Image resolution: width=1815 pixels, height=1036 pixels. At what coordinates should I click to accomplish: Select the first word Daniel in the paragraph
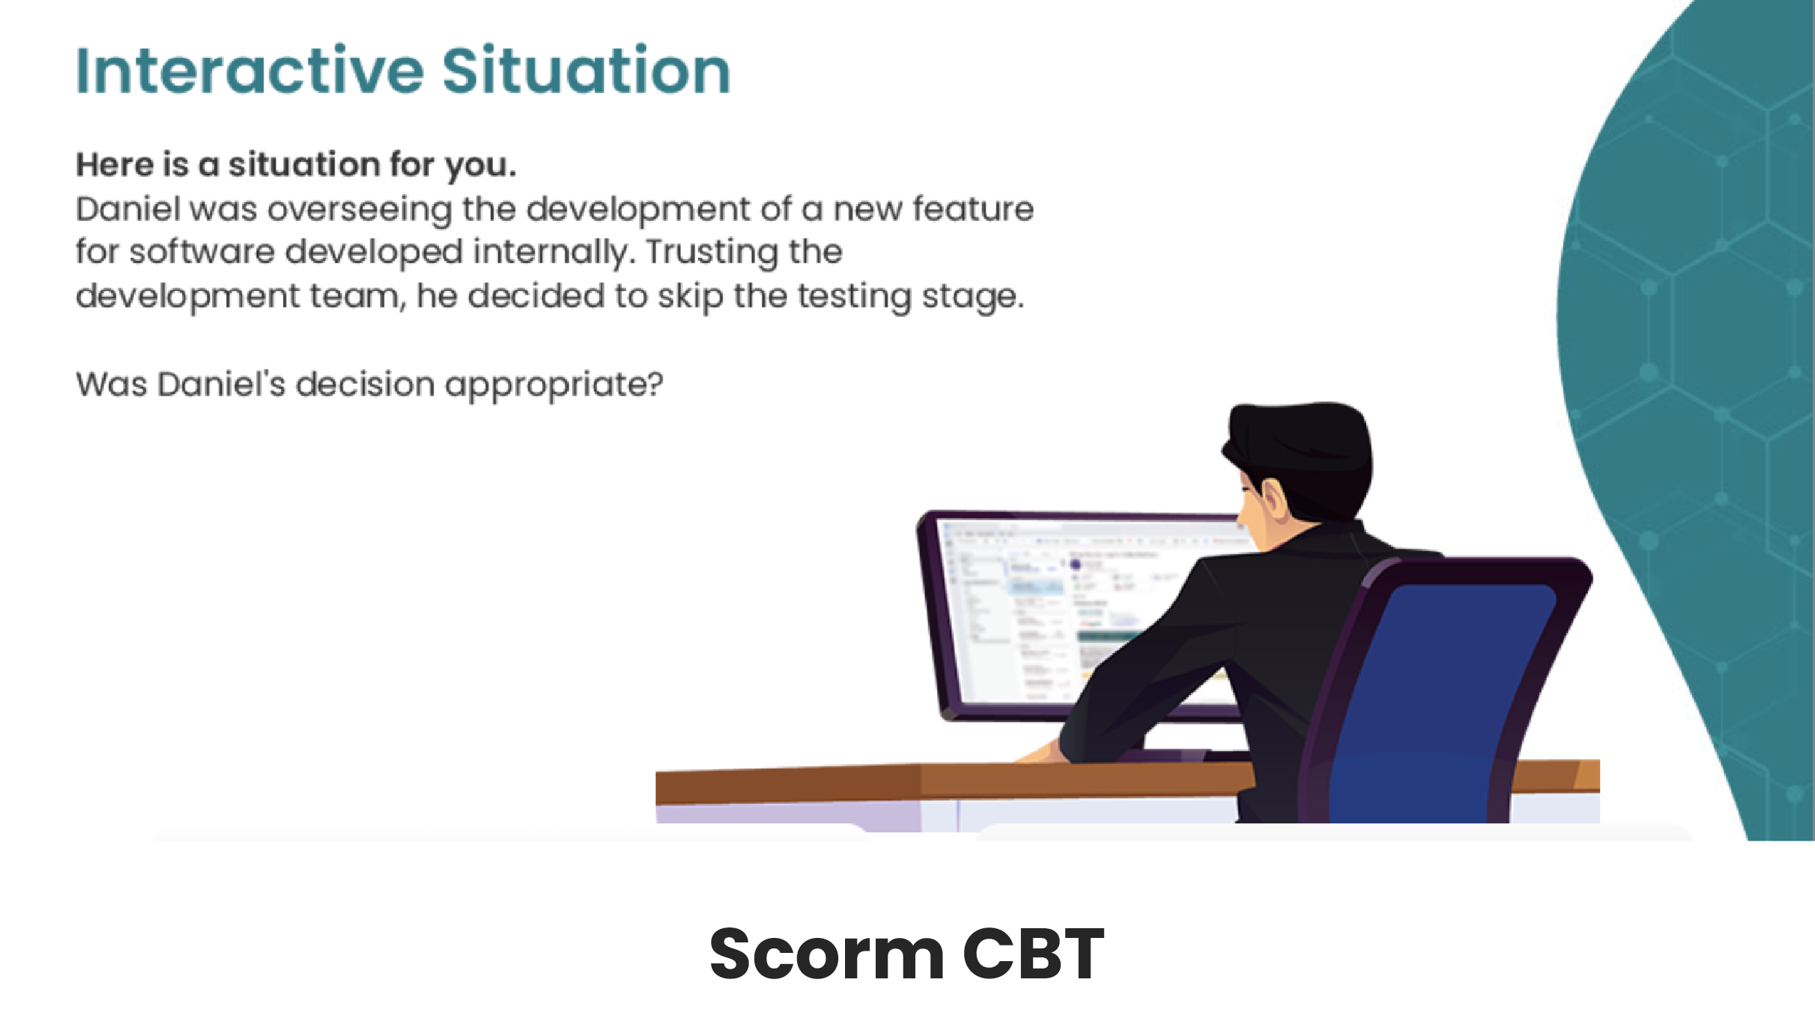(x=128, y=209)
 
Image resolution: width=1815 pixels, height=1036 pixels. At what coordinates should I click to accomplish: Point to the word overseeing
(x=359, y=210)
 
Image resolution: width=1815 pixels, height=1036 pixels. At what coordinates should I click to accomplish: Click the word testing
(x=854, y=297)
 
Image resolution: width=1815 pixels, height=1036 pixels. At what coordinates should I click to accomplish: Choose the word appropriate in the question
(x=554, y=386)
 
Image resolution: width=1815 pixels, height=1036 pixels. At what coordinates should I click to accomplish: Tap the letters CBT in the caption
(x=1033, y=953)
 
